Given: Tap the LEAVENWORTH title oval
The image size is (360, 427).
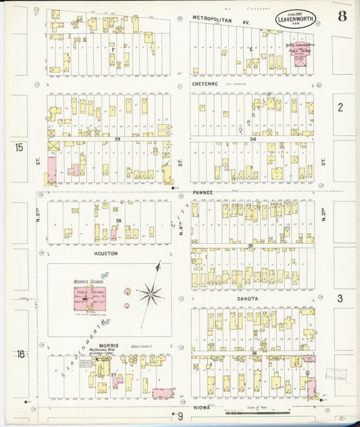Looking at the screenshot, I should pyautogui.click(x=296, y=20).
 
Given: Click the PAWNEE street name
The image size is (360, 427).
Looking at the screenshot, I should pyautogui.click(x=203, y=193).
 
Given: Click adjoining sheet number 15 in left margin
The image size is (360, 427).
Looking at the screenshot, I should pyautogui.click(x=20, y=147).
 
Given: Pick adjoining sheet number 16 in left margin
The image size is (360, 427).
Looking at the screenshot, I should pyautogui.click(x=20, y=353).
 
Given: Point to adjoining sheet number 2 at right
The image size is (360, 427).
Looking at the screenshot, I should pyautogui.click(x=340, y=107).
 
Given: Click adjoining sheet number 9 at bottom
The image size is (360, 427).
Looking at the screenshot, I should pyautogui.click(x=180, y=417).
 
